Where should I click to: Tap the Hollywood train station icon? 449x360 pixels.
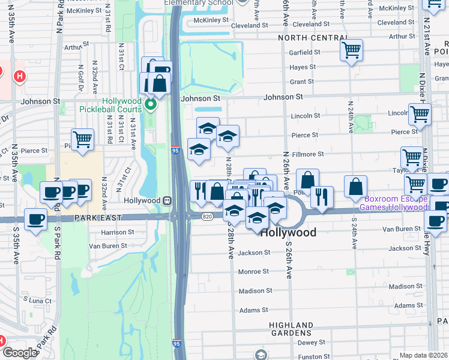click(x=169, y=200)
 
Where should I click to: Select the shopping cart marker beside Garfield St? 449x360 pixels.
click(x=352, y=50)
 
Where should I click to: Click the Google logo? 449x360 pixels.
click(x=19, y=353)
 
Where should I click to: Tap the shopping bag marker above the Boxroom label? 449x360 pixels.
click(x=356, y=187)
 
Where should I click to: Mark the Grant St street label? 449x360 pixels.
click(x=302, y=82)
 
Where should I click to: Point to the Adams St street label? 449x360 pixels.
click(x=253, y=310)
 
